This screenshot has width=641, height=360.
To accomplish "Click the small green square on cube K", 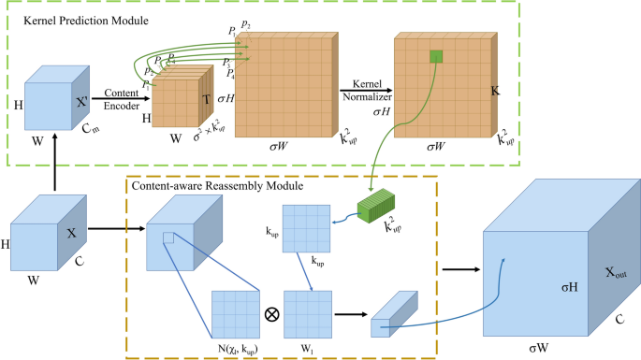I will click(x=436, y=57).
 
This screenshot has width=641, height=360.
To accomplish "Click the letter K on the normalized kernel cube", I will click(x=498, y=93).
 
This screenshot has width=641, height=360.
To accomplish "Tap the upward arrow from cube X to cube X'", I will click(x=56, y=164).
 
